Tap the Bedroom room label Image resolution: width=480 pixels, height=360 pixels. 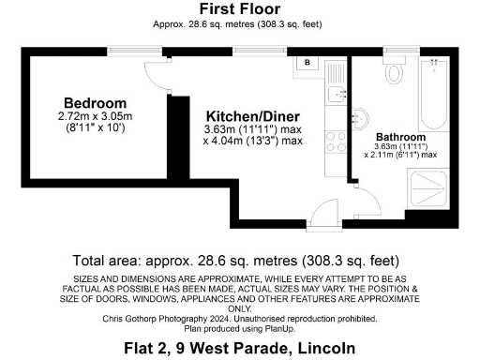(x=95, y=102)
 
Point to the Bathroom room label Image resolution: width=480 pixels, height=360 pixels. (x=401, y=137)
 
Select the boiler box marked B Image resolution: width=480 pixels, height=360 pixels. (x=307, y=64)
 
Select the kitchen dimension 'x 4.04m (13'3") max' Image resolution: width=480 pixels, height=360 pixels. (x=253, y=142)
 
